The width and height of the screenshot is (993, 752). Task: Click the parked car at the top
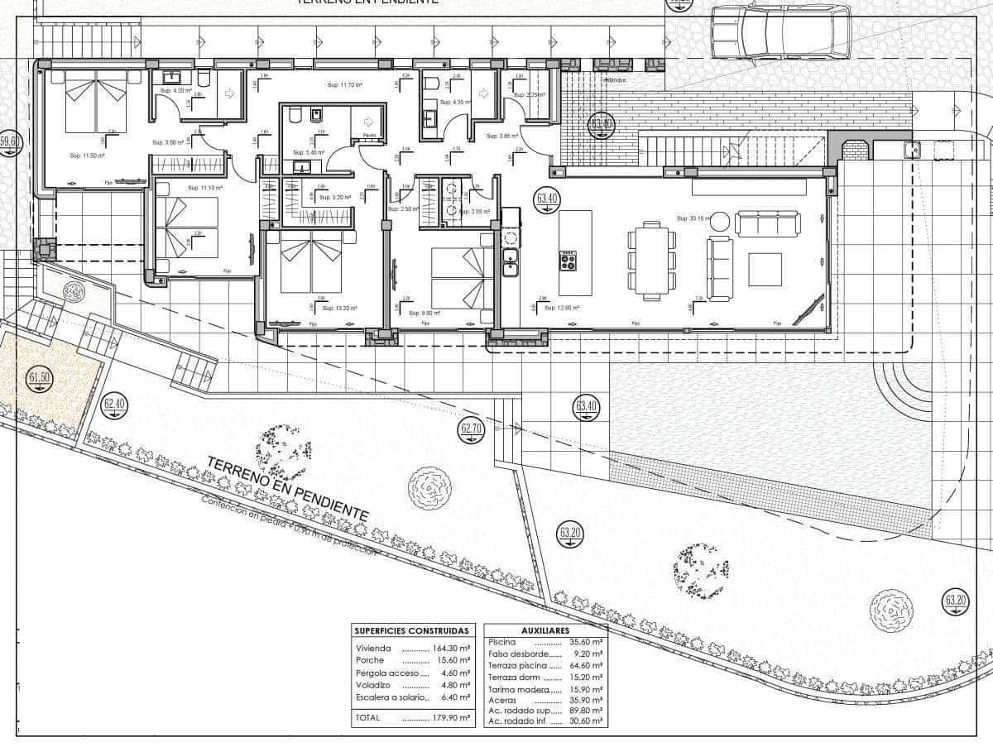coord(780,31)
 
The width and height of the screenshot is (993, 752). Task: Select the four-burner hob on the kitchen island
coord(568,261)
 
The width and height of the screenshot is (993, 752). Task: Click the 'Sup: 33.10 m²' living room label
coord(693,218)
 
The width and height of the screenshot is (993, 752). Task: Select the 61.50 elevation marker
coord(40,378)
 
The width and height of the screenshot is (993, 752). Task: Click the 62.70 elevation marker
coord(471,429)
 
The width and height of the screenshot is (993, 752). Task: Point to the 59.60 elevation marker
coord(9,142)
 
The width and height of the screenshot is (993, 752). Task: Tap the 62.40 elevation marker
coord(115,405)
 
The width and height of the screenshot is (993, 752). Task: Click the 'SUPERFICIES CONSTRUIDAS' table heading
coord(412,630)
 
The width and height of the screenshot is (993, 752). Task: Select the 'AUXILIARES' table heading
coord(545,630)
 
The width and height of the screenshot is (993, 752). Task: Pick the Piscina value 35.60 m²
coord(587,641)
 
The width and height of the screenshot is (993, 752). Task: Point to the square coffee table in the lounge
coord(765,269)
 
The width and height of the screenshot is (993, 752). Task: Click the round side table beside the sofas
coord(721,221)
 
